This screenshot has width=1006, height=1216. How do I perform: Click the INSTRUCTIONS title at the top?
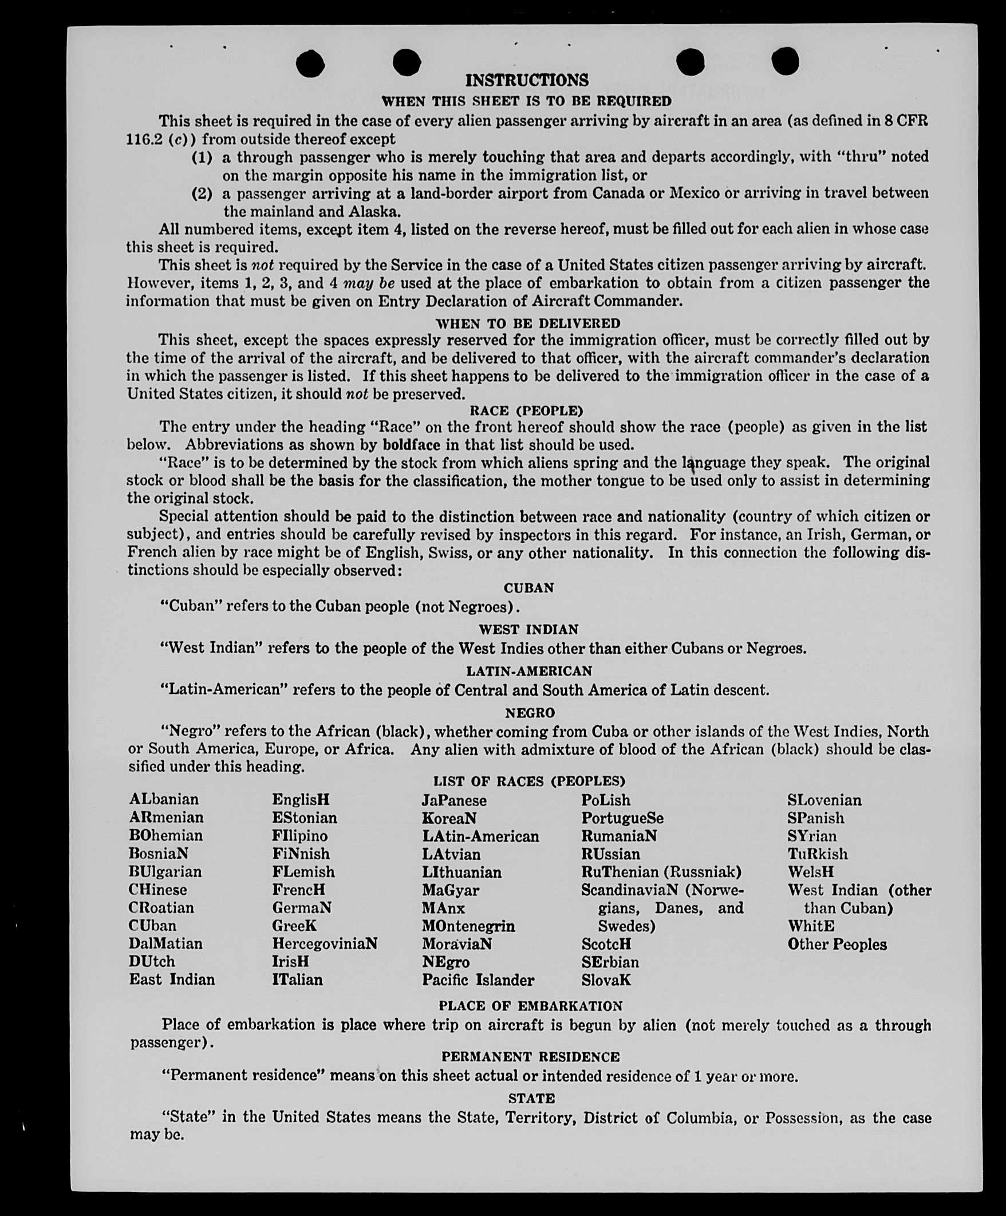click(x=526, y=80)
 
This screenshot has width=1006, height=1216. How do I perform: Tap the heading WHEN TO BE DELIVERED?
click(x=527, y=323)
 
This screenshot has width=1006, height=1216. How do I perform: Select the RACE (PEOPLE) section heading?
click(x=526, y=410)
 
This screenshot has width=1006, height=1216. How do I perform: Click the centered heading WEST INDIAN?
click(x=528, y=629)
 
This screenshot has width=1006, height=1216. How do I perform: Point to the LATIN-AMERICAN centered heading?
click(x=529, y=671)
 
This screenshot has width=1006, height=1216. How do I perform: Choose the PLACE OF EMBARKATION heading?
click(x=531, y=1006)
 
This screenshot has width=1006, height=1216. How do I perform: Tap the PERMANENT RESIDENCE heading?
click(x=530, y=1057)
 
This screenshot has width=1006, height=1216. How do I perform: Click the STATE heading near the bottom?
click(x=531, y=1099)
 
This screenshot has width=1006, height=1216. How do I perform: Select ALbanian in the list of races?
click(x=163, y=800)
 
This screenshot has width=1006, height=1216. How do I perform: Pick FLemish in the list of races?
click(x=303, y=872)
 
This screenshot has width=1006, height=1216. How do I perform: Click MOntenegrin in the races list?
click(x=468, y=926)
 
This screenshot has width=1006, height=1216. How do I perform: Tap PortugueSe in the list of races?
click(x=622, y=818)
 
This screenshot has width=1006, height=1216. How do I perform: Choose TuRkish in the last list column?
click(x=817, y=854)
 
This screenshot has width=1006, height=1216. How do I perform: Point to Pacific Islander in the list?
click(x=478, y=980)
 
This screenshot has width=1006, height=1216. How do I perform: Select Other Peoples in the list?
click(x=837, y=945)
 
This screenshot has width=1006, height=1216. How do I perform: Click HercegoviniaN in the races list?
click(x=324, y=944)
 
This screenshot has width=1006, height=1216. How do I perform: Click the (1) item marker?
click(x=202, y=157)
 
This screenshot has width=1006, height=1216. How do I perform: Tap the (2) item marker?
click(x=202, y=194)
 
